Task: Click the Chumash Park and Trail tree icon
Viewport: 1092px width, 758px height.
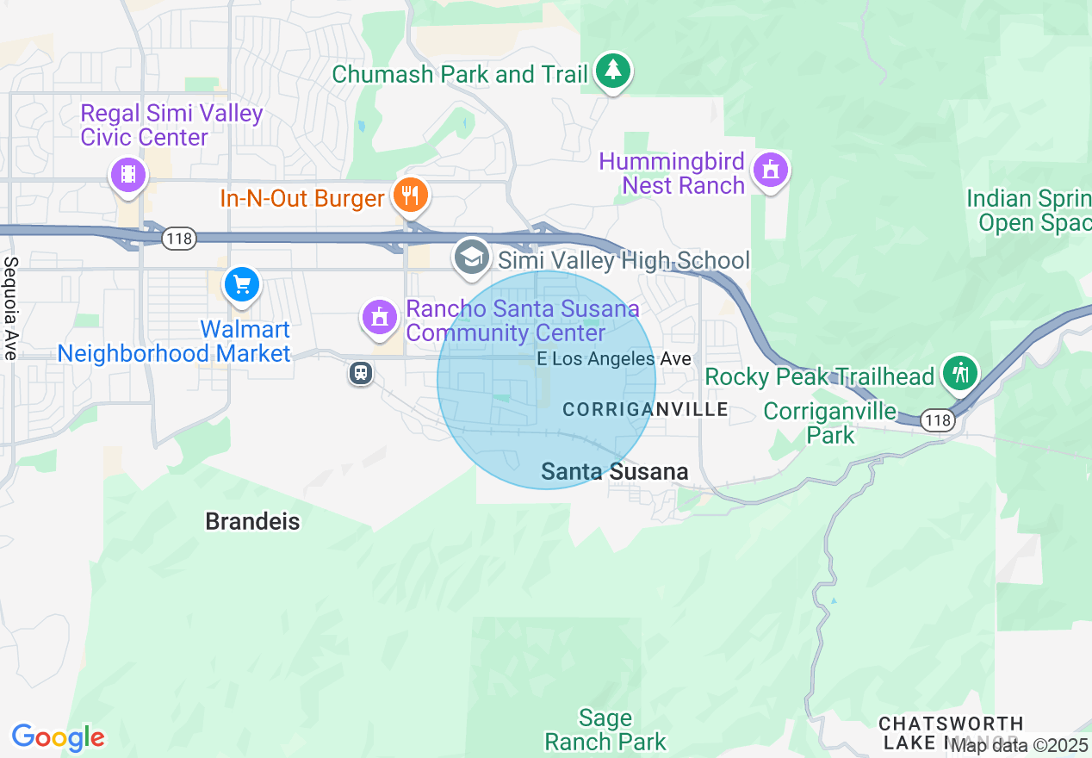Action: (612, 71)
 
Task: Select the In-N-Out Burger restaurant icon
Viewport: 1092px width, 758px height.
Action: (411, 196)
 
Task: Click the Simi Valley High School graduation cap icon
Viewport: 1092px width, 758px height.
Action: (472, 257)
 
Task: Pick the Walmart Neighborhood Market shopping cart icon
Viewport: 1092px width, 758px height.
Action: (241, 284)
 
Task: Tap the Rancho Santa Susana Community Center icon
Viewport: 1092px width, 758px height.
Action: (379, 317)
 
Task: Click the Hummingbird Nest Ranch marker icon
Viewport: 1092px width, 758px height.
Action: (769, 170)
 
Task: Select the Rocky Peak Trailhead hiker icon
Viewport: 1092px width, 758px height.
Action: (959, 373)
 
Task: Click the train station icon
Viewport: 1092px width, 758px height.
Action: (361, 373)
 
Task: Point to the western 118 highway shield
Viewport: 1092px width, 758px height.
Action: (179, 239)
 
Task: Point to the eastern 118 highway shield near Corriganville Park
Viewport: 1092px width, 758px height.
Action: (937, 420)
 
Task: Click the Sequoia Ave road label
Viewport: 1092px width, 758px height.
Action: (10, 308)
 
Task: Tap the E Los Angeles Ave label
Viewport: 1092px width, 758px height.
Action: (614, 359)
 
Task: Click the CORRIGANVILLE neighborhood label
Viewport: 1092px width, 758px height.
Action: (646, 410)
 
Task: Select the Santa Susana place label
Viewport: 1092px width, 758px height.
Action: (615, 471)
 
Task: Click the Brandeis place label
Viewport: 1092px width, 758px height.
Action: (252, 521)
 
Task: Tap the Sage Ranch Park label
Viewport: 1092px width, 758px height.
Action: (605, 730)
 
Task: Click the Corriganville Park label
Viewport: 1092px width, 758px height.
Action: (830, 422)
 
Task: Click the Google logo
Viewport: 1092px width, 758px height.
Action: (58, 737)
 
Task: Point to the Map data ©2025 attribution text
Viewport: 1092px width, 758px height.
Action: (1021, 746)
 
